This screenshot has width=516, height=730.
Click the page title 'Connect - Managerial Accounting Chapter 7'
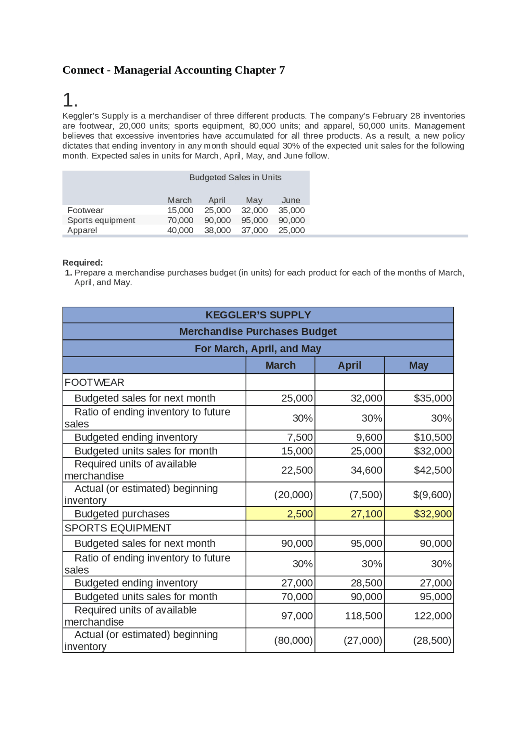point(173,70)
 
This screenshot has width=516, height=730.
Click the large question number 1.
point(70,100)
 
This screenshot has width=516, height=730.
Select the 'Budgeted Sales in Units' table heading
point(235,177)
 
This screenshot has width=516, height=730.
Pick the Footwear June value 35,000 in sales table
point(291,210)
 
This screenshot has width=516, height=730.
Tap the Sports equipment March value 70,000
point(180,220)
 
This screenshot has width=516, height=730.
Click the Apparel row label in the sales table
point(82,231)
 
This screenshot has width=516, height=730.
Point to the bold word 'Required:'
point(83,263)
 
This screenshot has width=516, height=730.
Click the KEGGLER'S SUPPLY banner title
point(258,315)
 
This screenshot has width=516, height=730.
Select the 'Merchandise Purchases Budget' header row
point(258,332)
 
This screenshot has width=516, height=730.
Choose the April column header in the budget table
point(350,366)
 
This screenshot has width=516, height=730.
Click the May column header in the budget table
point(418,366)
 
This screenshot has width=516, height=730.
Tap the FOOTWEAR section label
point(94,383)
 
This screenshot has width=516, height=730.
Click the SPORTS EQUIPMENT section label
point(118,528)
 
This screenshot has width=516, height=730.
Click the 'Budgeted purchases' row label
point(122,514)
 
